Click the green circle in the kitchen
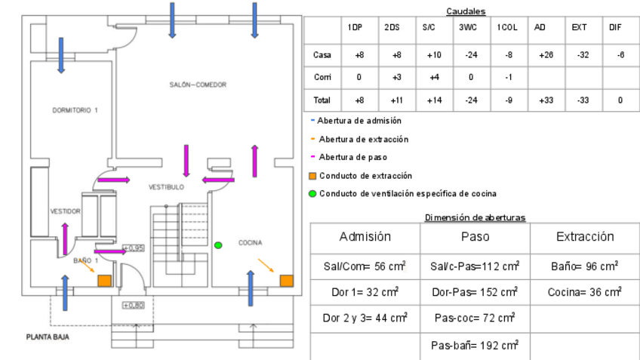pyautogui.click(x=218, y=245)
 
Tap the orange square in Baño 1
pyautogui.click(x=104, y=281)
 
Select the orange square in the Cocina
pyautogui.click(x=286, y=281)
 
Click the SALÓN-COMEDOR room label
pyautogui.click(x=198, y=85)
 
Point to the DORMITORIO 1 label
pyautogui.click(x=75, y=110)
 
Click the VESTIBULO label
pyautogui.click(x=165, y=186)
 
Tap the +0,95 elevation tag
pyautogui.click(x=133, y=248)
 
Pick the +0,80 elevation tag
pyautogui.click(x=133, y=305)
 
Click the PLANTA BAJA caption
pyautogui.click(x=48, y=337)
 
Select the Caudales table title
pyautogui.click(x=466, y=11)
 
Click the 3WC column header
pyautogui.click(x=467, y=28)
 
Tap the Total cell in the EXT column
pyautogui.click(x=579, y=100)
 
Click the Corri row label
pyautogui.click(x=322, y=77)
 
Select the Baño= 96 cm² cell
pyautogui.click(x=585, y=266)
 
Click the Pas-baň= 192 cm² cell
pyautogui.click(x=475, y=345)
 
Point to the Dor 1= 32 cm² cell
pyautogui.click(x=365, y=291)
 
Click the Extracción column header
pyautogui.click(x=585, y=237)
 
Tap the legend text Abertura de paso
pyautogui.click(x=352, y=157)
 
